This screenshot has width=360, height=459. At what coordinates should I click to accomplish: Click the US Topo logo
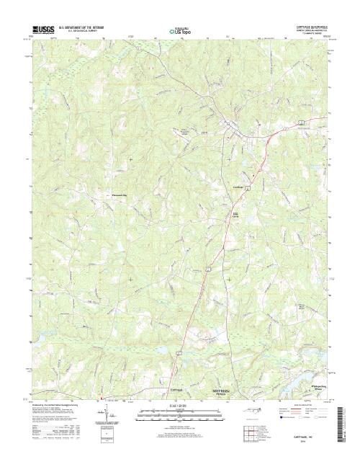pyautogui.click(x=180, y=32)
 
